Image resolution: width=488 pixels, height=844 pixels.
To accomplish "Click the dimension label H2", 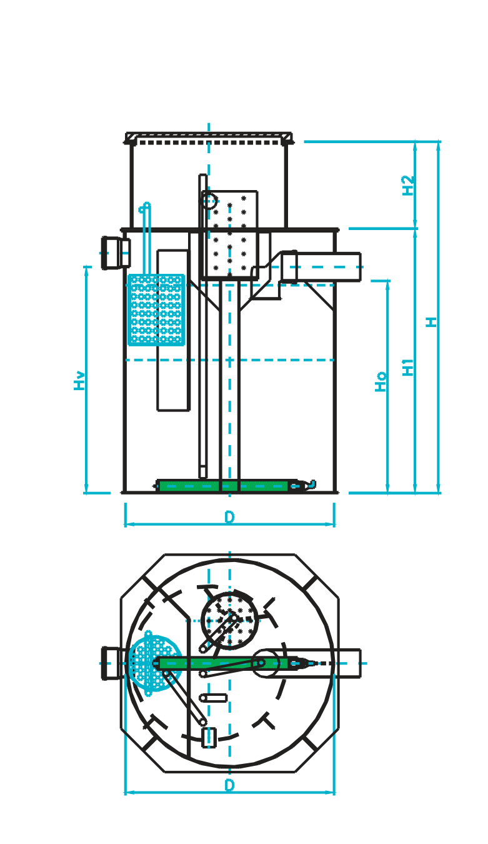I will point(409,185).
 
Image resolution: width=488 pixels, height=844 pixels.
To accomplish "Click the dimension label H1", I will point(409,366).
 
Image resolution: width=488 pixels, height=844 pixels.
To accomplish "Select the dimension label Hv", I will point(80,380).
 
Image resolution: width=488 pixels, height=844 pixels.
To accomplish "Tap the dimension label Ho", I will point(381,381).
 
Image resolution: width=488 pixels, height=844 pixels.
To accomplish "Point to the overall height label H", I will point(432,322).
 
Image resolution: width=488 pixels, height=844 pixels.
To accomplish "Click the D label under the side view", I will point(229,518).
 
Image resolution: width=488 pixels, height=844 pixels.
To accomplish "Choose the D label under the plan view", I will point(229,785).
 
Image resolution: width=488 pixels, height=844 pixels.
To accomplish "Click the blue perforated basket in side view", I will point(156,309).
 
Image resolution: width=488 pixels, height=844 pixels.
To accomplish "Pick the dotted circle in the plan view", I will point(230,619).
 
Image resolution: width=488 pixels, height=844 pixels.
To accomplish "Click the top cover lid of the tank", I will point(209,137).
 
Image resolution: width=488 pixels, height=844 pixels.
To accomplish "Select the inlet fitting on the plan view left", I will point(112,663).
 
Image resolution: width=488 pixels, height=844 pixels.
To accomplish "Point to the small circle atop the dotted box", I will point(209,201).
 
